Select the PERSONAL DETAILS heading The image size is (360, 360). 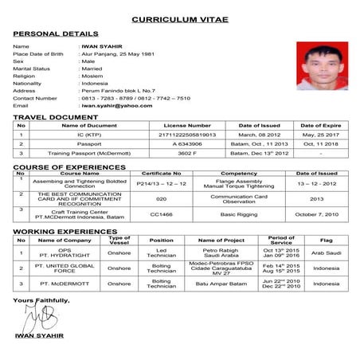point(56,34)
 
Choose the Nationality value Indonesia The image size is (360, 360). point(95,83)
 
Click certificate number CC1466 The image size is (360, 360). point(162,214)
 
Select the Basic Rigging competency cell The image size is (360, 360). point(239,214)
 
